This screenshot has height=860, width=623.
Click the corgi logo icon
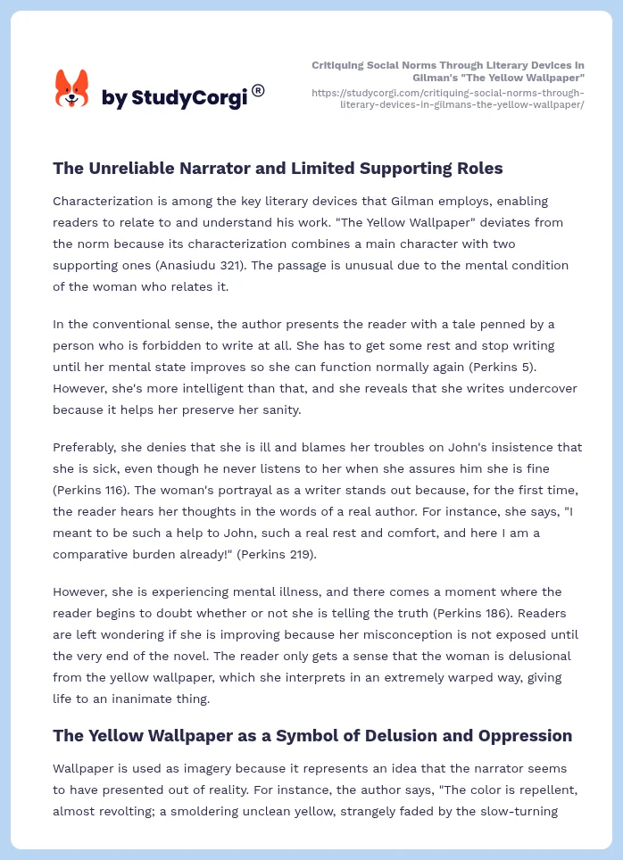(x=72, y=89)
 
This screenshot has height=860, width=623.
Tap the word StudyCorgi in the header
(x=188, y=98)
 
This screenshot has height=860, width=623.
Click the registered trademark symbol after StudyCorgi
(x=258, y=90)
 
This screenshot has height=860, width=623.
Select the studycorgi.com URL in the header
(x=448, y=98)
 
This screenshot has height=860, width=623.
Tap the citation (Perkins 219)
(x=272, y=554)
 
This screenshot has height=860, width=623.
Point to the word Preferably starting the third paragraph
(x=87, y=447)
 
